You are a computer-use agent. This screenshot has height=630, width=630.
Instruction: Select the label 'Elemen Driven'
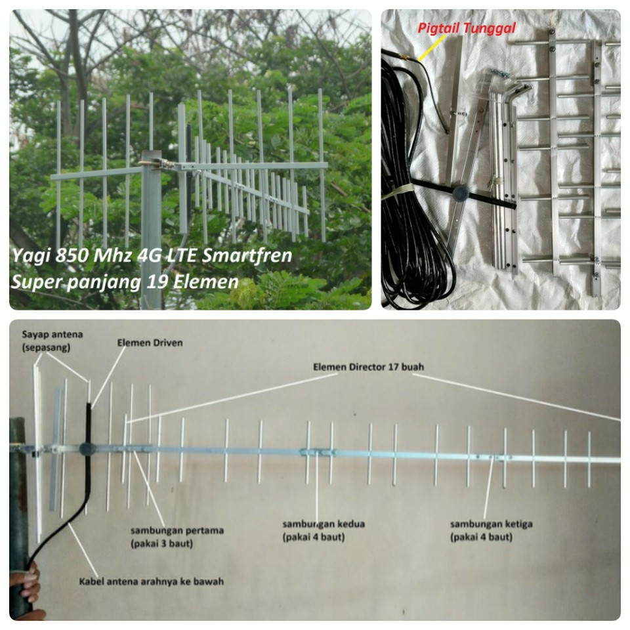150,343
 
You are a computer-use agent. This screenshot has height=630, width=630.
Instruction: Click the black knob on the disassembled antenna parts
461,192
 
